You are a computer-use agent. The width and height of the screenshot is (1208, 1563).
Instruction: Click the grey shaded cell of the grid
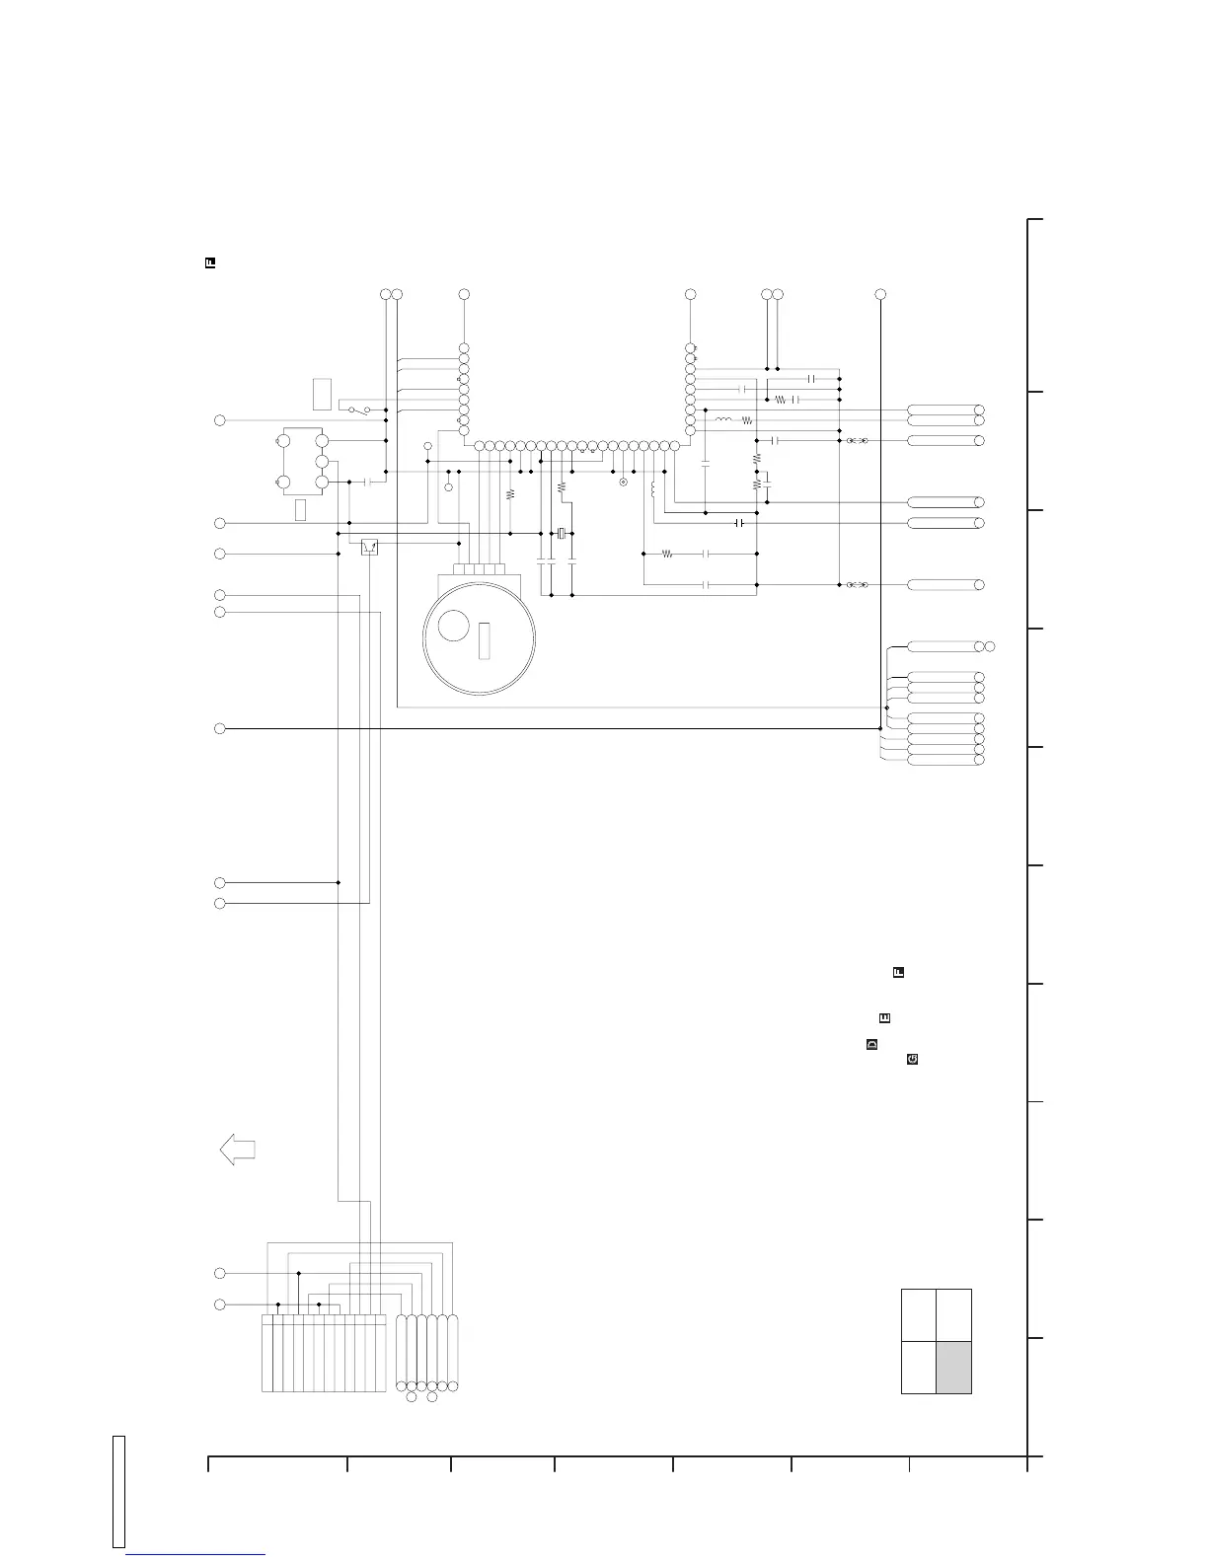tap(953, 1367)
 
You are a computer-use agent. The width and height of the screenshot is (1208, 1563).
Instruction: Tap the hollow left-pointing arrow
tap(237, 1150)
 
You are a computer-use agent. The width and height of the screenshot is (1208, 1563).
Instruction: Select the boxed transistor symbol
tap(370, 546)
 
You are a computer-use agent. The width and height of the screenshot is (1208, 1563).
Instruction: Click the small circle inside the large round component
tap(452, 626)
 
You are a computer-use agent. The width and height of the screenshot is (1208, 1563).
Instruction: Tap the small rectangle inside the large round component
tap(483, 641)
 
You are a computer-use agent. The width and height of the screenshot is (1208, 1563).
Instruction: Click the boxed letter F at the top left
tap(210, 262)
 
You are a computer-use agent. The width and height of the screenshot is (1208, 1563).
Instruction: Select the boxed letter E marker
tap(884, 1018)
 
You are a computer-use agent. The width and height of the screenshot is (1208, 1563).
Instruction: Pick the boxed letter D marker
tap(871, 1044)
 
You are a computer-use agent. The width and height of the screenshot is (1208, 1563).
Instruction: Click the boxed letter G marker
tap(912, 1059)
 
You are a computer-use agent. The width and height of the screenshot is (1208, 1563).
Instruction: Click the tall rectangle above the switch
tap(321, 394)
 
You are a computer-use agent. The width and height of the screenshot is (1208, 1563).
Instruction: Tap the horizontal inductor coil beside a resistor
tap(723, 420)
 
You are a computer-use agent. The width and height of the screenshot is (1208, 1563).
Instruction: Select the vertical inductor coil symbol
tap(653, 487)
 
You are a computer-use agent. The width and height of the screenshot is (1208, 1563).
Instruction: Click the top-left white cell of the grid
tap(919, 1314)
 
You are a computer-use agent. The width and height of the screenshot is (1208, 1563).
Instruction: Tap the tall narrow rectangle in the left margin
tap(117, 1492)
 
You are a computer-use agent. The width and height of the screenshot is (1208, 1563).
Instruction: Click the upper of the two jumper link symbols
tap(857, 440)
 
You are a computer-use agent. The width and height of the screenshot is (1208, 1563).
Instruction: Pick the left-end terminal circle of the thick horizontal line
tap(220, 728)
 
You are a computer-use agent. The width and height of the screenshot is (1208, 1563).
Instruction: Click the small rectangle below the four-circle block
tap(301, 509)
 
